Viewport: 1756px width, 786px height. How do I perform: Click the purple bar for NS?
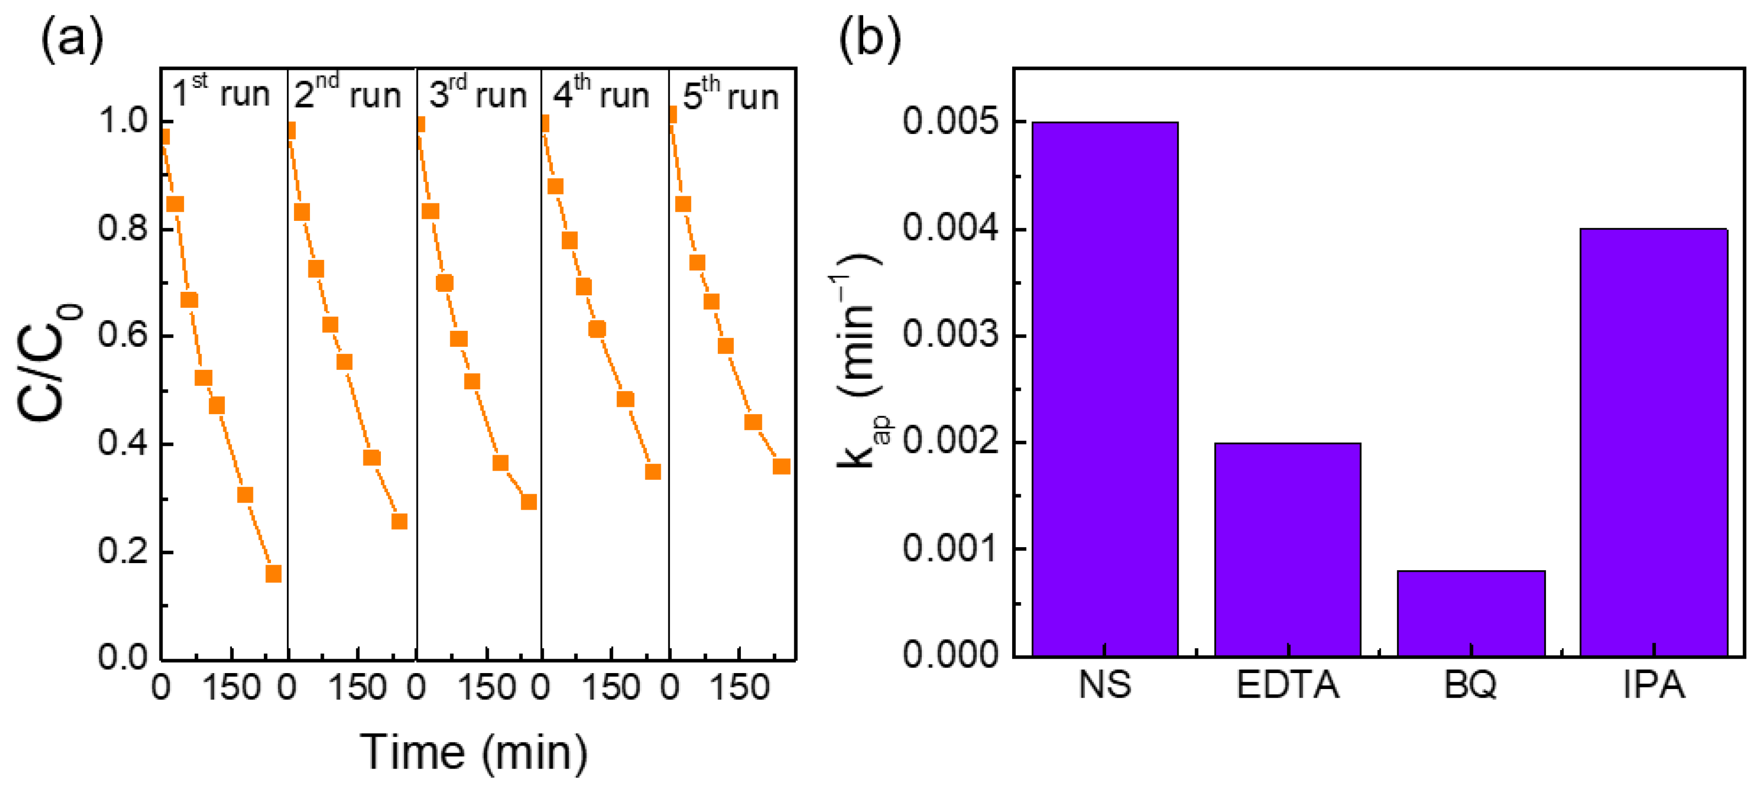point(1104,389)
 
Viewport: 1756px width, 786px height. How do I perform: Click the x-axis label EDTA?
point(1287,685)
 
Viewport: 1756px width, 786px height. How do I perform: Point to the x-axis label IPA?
point(1653,685)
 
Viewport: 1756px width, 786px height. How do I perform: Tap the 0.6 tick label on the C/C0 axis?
point(122,335)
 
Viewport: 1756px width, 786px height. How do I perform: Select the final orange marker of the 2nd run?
point(399,522)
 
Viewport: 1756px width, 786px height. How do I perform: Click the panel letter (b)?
point(869,39)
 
